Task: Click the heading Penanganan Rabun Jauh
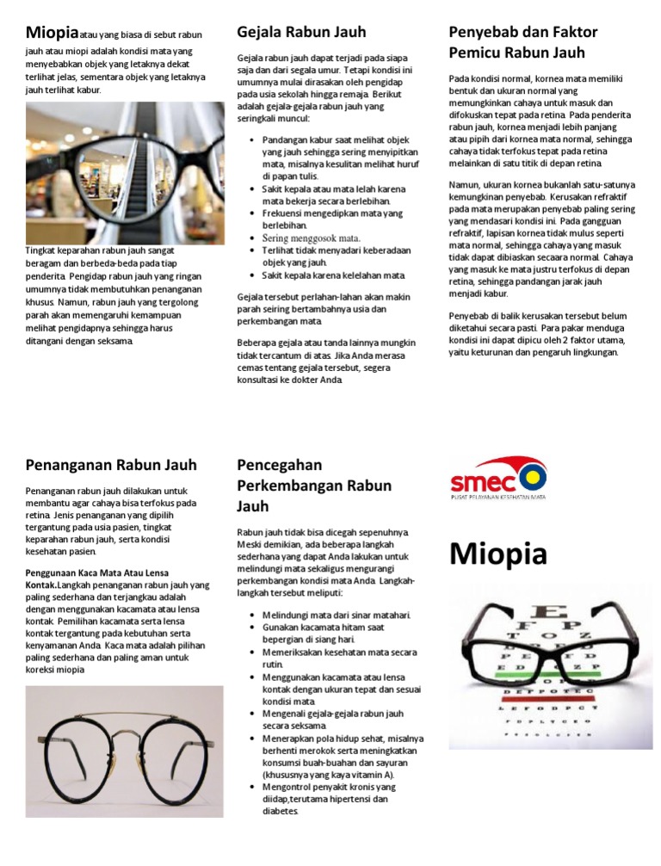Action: [x=111, y=466]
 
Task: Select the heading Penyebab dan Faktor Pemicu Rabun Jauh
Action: [x=522, y=42]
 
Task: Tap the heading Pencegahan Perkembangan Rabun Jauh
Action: [x=313, y=486]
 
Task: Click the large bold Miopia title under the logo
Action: [x=497, y=554]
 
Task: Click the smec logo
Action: [x=498, y=476]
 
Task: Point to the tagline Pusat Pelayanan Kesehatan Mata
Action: [x=499, y=497]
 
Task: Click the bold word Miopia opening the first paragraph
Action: [x=52, y=34]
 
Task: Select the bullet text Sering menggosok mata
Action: [x=311, y=238]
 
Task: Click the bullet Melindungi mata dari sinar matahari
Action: [x=337, y=615]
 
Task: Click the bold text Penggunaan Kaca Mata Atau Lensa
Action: [x=96, y=572]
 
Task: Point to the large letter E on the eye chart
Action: [x=551, y=614]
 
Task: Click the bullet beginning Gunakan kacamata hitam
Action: [x=324, y=634]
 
